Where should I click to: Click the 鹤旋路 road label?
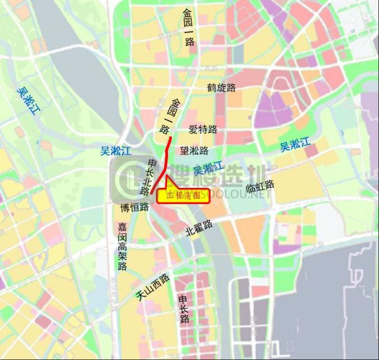[221, 87]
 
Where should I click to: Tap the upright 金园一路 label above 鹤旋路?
[188, 27]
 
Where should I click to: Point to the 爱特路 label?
[203, 130]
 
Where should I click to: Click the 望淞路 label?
[194, 150]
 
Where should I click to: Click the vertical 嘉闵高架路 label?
[123, 247]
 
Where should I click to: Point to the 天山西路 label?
[152, 287]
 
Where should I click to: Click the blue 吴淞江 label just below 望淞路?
[208, 168]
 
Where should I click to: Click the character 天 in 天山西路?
[141, 296]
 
